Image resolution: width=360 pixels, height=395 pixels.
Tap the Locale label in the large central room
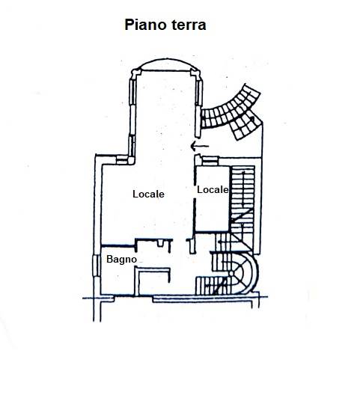click(148, 194)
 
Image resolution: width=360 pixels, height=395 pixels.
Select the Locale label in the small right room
click(213, 189)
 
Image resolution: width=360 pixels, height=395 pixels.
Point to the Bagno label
click(122, 259)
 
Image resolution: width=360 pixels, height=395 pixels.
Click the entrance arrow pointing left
click(200, 146)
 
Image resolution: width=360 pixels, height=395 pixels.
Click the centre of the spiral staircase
click(231, 274)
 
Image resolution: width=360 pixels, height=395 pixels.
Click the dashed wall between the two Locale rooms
click(195, 199)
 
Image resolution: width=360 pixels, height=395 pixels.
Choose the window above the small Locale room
click(210, 161)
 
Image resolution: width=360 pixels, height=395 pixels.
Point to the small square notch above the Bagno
click(160, 244)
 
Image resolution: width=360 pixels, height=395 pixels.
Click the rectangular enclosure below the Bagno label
click(152, 281)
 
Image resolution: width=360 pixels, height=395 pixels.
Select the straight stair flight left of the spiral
click(213, 286)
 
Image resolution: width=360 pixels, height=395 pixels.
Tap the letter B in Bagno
click(109, 259)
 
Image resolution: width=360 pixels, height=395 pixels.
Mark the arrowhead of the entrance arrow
click(193, 146)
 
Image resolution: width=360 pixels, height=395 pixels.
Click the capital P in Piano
click(129, 25)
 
